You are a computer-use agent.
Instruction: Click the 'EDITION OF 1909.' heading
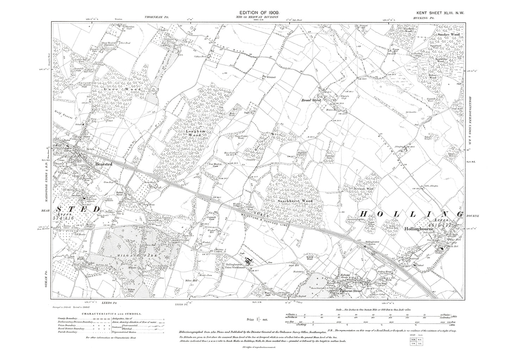tap(258, 12)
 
